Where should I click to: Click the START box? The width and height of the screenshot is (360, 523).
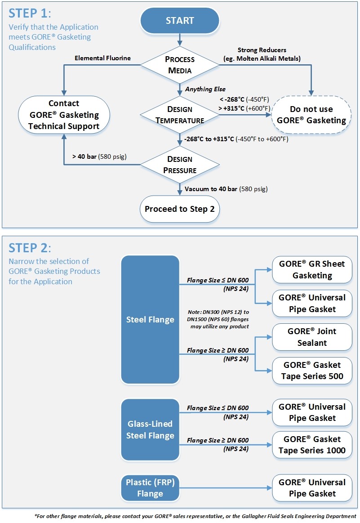point(180,21)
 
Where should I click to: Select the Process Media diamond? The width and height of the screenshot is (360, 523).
point(180,65)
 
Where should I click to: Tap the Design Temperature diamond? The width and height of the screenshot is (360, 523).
point(180,115)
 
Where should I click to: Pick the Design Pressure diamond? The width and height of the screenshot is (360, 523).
point(180,165)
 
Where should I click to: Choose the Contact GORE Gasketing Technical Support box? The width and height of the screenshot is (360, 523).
point(63,115)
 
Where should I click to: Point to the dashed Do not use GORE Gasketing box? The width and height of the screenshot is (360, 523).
point(311,115)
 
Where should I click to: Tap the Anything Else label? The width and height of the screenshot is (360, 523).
point(204,89)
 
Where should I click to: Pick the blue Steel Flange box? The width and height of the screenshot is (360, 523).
point(150,320)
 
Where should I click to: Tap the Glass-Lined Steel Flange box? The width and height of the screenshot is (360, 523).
point(150,430)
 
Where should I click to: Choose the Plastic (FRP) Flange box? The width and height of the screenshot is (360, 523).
point(150,488)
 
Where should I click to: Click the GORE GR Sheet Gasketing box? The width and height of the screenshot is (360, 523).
point(312,269)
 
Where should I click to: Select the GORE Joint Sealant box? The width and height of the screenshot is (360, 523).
point(312,337)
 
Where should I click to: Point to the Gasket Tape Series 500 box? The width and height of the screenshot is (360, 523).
point(312,371)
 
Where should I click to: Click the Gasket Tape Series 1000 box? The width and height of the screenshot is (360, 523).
point(312,445)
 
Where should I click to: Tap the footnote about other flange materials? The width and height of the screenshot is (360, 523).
point(195,516)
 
